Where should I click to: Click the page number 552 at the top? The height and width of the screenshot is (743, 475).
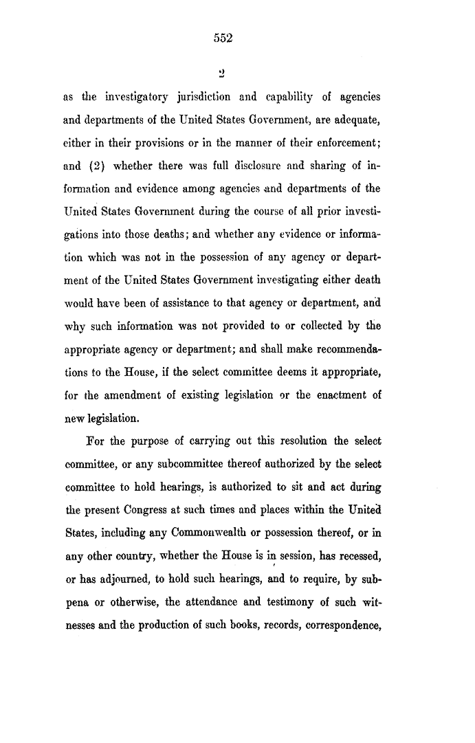[223, 38]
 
